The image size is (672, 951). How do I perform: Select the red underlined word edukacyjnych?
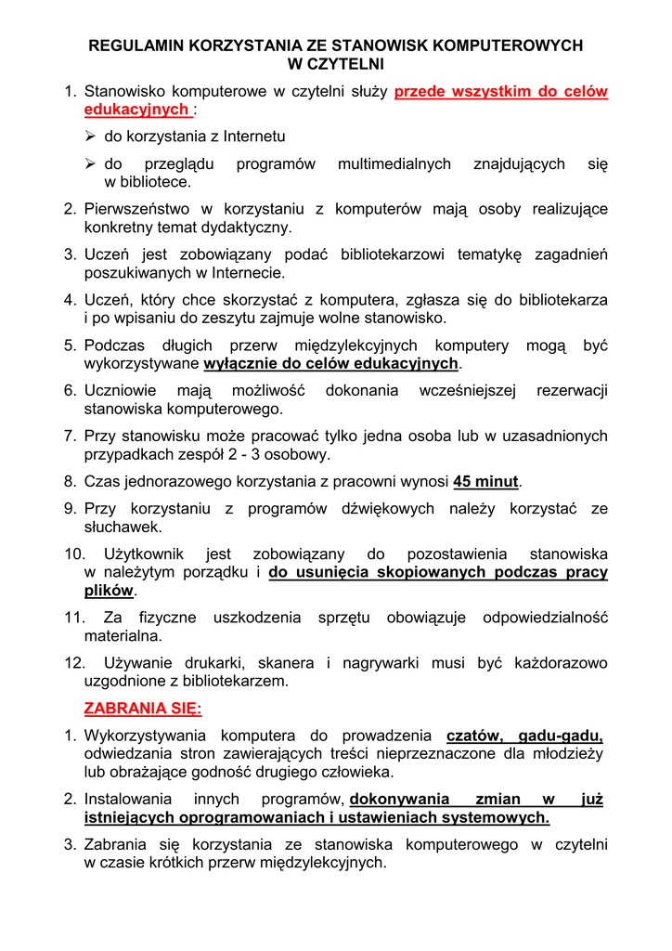tap(136, 110)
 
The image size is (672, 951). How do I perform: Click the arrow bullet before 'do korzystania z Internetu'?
tap(91, 137)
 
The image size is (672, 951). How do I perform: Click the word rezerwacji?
tap(572, 391)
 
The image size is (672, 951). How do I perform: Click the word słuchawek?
tap(123, 527)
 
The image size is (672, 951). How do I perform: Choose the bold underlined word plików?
tap(109, 591)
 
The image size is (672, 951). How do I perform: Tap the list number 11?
tap(73, 618)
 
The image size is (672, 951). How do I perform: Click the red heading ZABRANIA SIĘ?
tap(142, 709)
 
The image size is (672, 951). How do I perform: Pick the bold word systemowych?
tap(495, 817)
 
